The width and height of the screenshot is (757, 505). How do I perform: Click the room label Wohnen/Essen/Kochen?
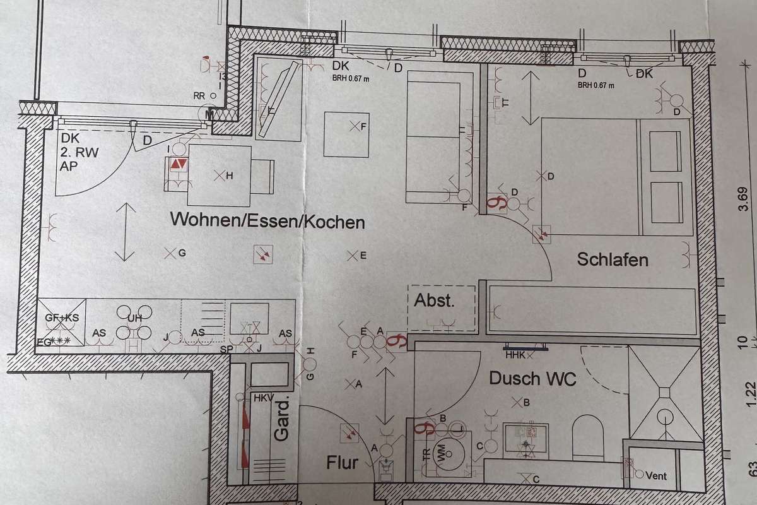click(267, 222)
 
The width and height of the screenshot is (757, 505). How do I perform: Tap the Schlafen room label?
click(613, 259)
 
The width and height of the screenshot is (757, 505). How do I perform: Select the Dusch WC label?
click(533, 379)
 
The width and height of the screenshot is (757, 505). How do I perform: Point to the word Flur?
click(343, 463)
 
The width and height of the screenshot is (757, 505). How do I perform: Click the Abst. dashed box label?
click(434, 300)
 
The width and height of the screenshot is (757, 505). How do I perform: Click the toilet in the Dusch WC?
click(588, 436)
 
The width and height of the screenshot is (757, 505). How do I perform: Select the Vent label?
click(655, 476)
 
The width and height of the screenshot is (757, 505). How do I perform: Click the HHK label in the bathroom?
click(515, 355)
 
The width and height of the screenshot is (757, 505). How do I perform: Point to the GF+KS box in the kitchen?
click(61, 321)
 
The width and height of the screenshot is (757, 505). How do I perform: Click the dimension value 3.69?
click(744, 205)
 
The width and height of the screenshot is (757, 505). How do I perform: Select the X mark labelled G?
click(169, 253)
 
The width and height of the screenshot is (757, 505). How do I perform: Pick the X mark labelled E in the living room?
click(351, 256)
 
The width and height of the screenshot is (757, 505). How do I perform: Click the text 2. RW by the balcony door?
click(76, 153)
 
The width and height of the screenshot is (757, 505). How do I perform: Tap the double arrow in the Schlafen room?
click(531, 97)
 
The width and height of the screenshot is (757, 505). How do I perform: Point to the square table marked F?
click(346, 134)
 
